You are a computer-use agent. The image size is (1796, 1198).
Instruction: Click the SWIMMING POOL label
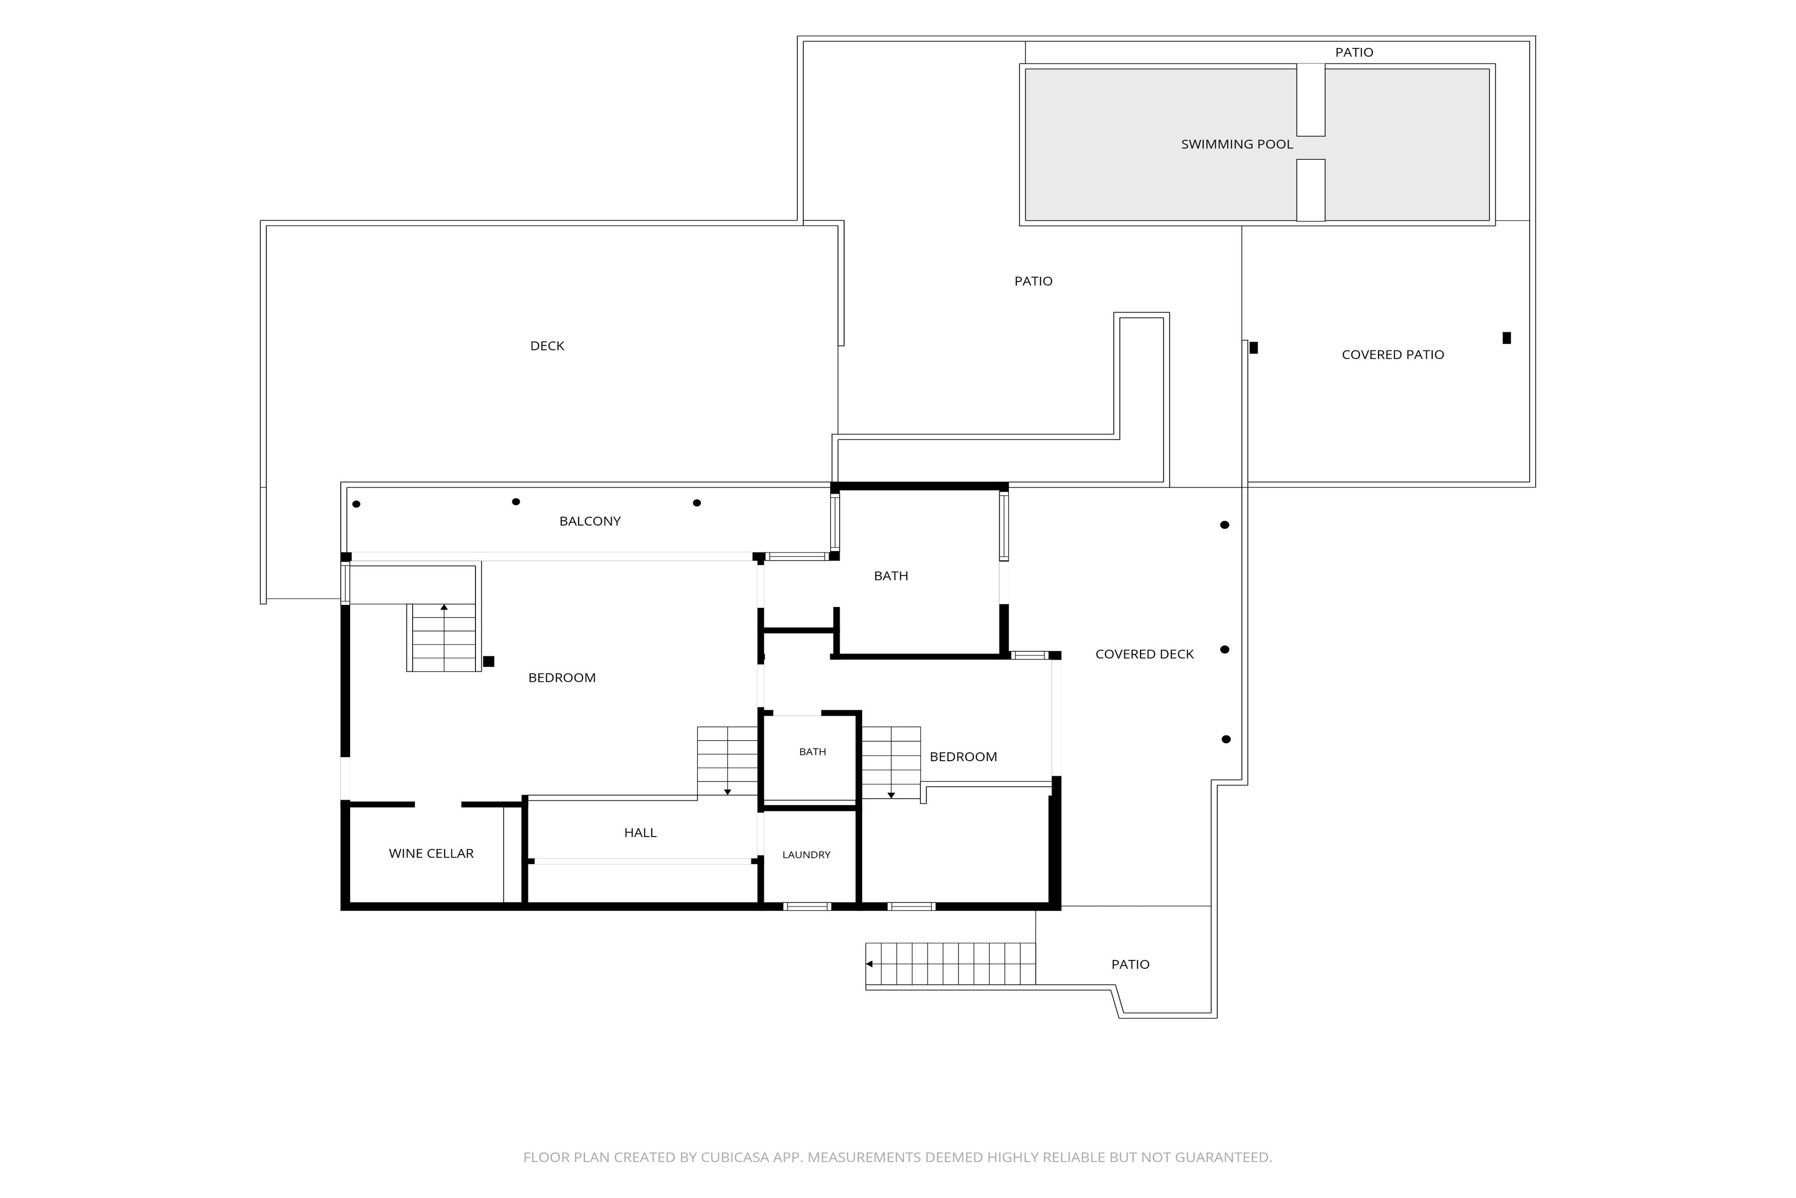[1237, 144]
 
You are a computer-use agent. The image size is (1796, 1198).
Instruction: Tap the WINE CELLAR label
[432, 854]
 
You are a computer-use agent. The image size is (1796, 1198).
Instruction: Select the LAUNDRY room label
[806, 855]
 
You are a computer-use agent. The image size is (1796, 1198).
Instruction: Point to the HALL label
[640, 833]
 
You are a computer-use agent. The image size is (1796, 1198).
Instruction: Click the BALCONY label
[590, 521]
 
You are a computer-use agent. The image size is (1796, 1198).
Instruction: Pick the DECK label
[547, 346]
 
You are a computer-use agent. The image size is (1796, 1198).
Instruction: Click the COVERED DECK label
[1144, 654]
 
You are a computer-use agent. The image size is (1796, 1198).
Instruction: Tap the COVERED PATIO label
[1393, 354]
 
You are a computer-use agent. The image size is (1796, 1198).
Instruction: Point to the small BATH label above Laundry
[813, 752]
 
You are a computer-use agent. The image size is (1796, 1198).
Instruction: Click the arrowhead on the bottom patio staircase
[869, 964]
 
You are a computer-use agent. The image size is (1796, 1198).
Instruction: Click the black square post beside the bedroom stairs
[489, 662]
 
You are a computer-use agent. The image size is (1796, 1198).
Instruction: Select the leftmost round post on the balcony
[356, 504]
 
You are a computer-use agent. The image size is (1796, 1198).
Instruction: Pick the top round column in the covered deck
[1225, 525]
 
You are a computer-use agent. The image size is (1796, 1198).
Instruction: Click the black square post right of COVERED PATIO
[1507, 338]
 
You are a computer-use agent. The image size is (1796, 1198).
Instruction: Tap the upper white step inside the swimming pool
[1311, 100]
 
